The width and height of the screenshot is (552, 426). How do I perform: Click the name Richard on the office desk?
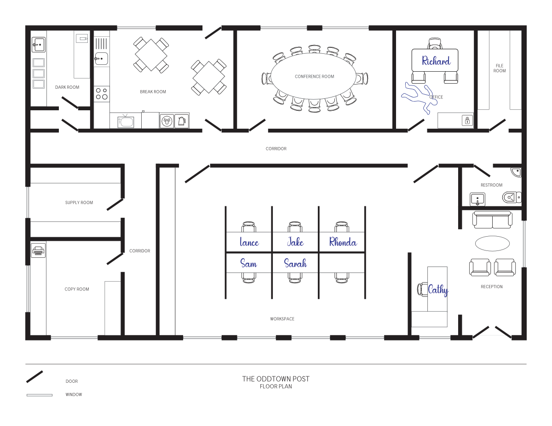coord(436,61)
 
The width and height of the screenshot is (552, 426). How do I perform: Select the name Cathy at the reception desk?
coord(438,290)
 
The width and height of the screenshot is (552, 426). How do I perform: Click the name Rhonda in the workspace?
coord(343,242)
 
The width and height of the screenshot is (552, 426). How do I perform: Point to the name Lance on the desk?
coord(249,242)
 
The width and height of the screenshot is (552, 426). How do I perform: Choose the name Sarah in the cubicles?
coord(295,263)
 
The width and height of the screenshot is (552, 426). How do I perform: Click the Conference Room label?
coord(314,76)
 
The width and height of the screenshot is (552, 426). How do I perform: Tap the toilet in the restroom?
coord(512,197)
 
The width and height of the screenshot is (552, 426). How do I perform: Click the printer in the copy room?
coord(38,250)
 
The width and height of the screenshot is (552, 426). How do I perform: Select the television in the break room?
coord(126,121)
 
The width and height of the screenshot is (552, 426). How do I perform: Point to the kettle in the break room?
coord(182,121)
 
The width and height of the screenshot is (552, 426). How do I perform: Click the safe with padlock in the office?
coord(467,120)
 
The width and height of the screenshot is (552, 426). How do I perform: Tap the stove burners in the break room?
coord(102,94)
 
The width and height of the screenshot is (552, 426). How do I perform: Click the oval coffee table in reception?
coord(492,244)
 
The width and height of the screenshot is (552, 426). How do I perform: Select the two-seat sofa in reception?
coord(492,220)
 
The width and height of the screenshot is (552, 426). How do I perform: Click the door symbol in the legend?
coord(34,377)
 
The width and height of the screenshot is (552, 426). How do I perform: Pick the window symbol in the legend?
coord(40,395)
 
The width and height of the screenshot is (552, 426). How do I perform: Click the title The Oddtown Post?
coord(276,379)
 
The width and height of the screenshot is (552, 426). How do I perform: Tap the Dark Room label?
coord(67,87)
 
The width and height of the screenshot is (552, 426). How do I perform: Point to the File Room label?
coord(500,68)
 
